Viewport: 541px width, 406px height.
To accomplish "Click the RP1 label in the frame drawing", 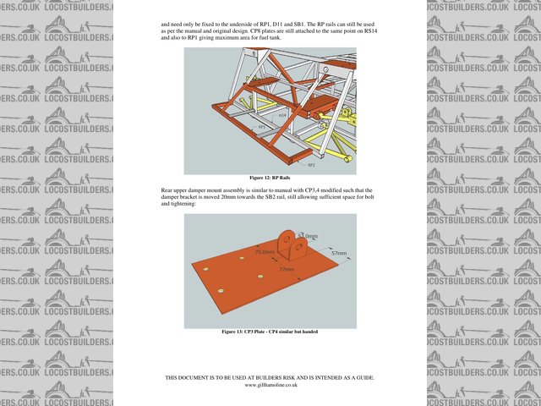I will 261,127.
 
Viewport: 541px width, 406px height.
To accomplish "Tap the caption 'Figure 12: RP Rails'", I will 270,178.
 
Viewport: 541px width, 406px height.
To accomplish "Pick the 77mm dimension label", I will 287,270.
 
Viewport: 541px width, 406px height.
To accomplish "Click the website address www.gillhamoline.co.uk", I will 270,385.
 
